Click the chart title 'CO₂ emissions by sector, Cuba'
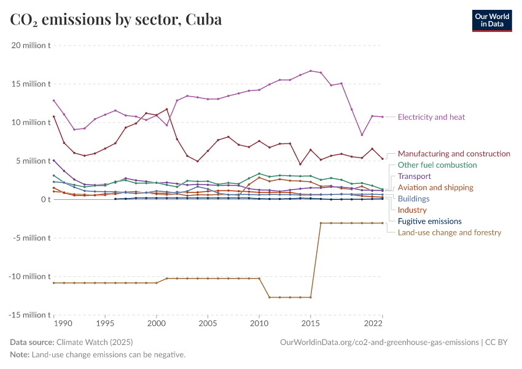(x=116, y=20)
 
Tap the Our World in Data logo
(x=491, y=20)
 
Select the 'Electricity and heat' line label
(x=431, y=117)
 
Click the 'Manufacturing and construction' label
(x=454, y=154)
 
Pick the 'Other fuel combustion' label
(x=437, y=165)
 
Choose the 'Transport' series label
(x=415, y=177)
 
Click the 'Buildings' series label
(x=413, y=199)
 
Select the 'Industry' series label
(x=412, y=210)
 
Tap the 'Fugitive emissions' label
(x=429, y=221)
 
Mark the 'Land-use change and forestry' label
(x=450, y=232)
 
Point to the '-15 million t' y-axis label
(x=29, y=315)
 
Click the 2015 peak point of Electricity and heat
(x=311, y=71)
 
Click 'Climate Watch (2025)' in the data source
(x=95, y=342)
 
